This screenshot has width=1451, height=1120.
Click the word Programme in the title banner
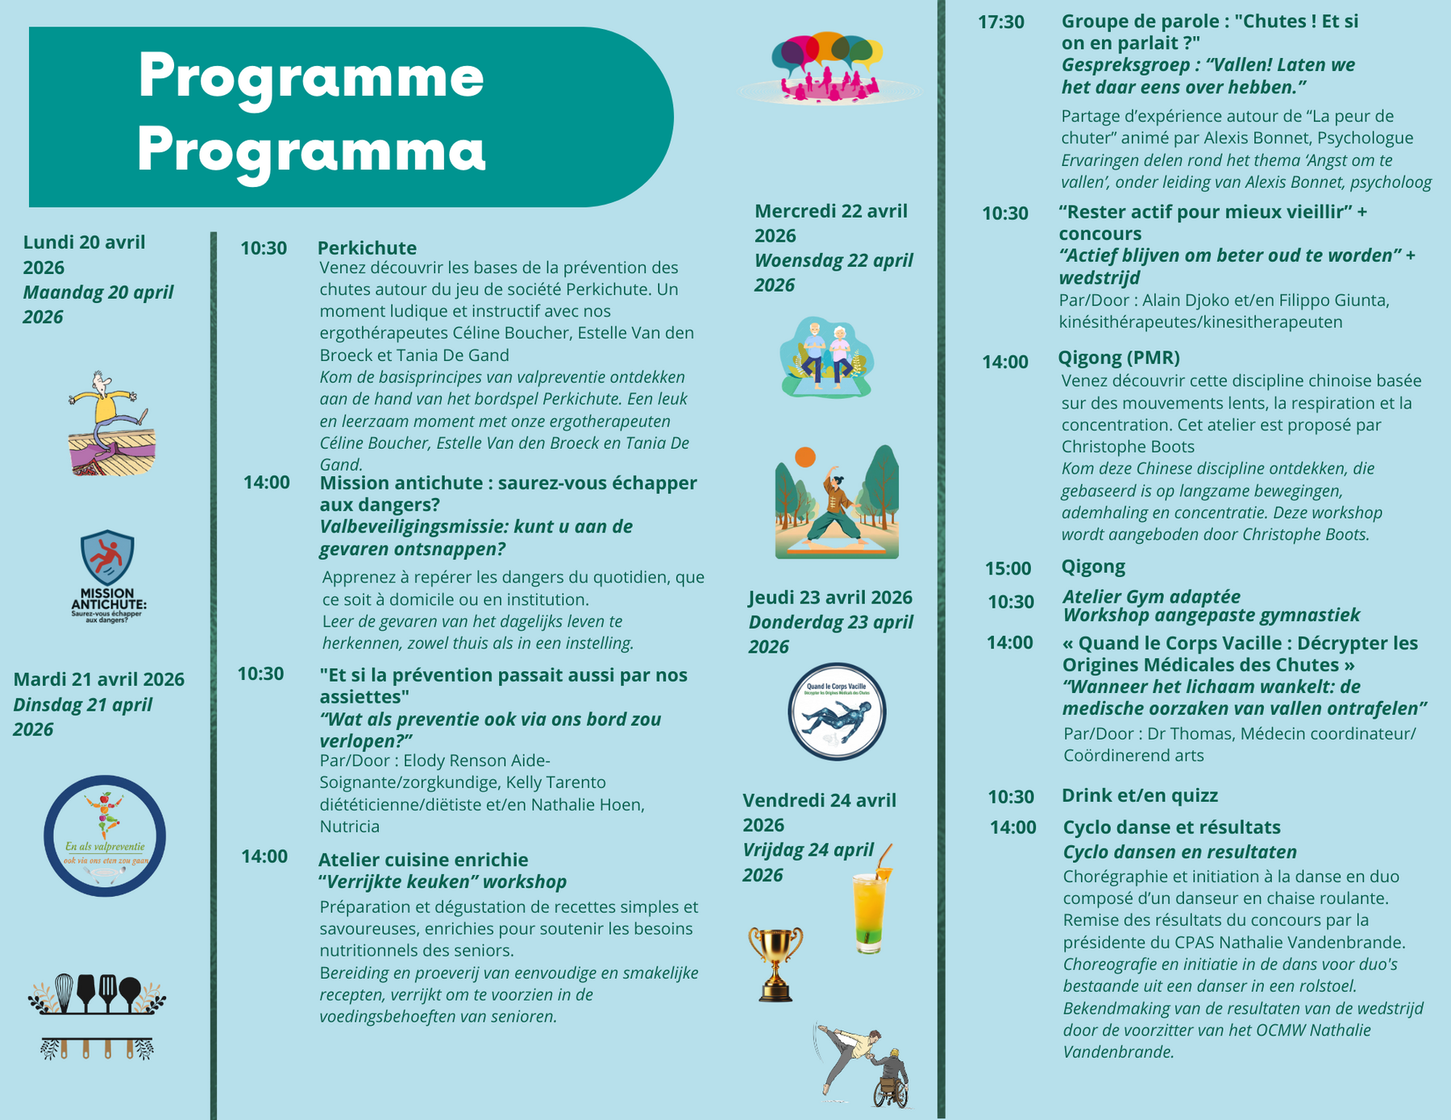point(311,77)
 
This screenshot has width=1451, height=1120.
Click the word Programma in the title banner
point(311,150)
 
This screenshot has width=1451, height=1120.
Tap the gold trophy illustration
point(775,964)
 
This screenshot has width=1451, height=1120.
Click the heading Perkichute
point(367,248)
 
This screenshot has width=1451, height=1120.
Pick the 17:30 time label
point(1001,23)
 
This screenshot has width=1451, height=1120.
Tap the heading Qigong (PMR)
point(1119,358)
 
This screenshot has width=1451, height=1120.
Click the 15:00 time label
point(1008,569)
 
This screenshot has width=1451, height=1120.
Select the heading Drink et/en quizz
point(1140,795)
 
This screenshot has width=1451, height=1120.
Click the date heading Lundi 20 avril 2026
point(84,255)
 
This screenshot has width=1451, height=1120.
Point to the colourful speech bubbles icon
point(829,68)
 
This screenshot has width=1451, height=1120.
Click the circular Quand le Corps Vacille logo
point(837,712)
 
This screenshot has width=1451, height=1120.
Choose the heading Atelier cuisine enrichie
point(423,860)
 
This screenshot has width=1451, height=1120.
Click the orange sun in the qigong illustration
point(805,457)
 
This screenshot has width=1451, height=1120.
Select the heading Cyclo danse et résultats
point(1171,828)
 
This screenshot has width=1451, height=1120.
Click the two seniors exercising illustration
point(827,357)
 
